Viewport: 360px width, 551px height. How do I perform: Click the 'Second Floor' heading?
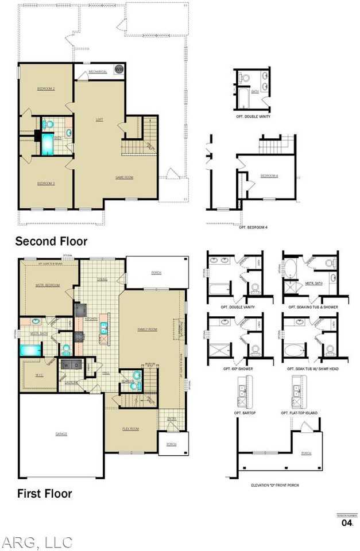coord(51,240)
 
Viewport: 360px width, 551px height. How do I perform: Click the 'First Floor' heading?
coord(44,493)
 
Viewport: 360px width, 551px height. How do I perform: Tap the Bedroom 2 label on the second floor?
coord(46,89)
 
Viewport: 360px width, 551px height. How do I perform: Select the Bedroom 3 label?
coord(46,183)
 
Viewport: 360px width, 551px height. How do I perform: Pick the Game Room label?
coord(124,177)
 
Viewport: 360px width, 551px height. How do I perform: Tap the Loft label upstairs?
coord(99,120)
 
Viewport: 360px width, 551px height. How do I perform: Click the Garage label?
coord(61,434)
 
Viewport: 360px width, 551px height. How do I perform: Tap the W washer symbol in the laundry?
coord(67,364)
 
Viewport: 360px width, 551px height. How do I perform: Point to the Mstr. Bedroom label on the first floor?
coord(48,285)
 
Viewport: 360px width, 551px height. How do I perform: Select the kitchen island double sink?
coord(103,328)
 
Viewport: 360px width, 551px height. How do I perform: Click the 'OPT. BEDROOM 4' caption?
coord(253,228)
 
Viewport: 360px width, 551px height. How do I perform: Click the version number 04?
coord(347,523)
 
